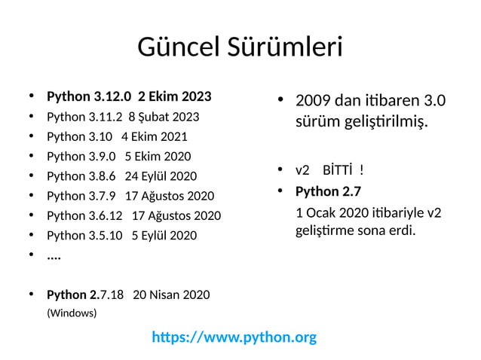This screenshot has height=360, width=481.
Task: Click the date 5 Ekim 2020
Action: coord(158,157)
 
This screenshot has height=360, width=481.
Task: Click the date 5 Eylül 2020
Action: coord(164,235)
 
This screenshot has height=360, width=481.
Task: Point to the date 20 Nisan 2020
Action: coord(171,294)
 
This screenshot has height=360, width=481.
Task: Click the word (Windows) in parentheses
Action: coord(72,312)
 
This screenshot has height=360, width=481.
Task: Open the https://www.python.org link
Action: coord(234,337)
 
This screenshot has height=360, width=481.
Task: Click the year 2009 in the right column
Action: coord(312,101)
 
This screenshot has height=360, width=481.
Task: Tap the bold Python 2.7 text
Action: coord(329,191)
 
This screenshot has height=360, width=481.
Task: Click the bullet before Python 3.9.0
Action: coord(31,157)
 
